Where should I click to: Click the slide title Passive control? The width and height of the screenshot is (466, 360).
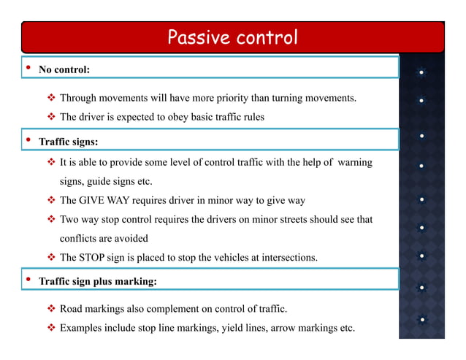point(232,37)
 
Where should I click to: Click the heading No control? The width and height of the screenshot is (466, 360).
point(64,71)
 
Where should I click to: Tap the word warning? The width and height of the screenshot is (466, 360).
point(354,162)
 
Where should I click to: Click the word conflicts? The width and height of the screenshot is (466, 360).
point(77,238)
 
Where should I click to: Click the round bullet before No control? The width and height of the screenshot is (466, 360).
point(28,69)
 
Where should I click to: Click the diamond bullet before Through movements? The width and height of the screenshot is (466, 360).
point(51,98)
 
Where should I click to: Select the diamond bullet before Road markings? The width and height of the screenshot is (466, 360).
point(51,308)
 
